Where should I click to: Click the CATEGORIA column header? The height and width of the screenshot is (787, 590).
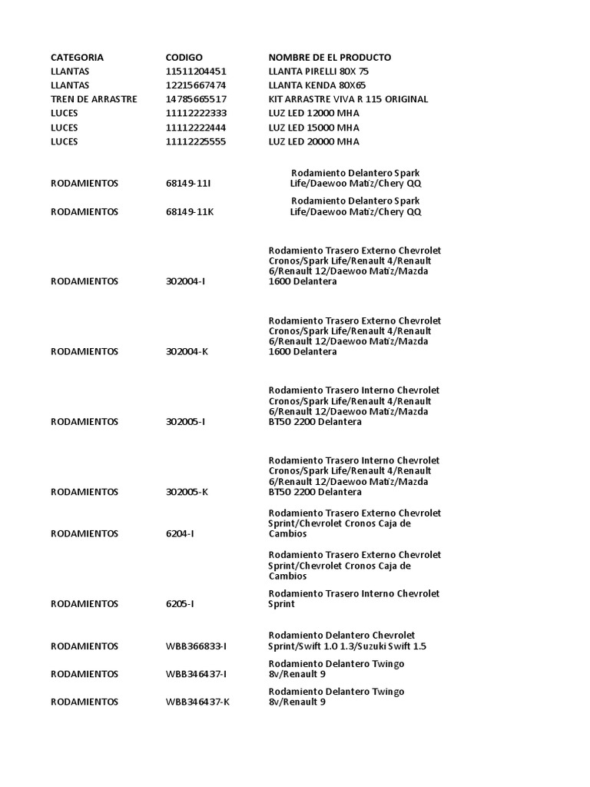tap(77, 58)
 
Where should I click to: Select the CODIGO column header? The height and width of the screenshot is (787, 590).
tap(184, 58)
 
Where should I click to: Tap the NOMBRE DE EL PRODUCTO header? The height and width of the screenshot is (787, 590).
tap(330, 58)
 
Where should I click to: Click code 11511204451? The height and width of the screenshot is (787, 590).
tap(196, 71)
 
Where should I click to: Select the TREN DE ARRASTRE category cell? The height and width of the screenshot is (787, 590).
tap(94, 100)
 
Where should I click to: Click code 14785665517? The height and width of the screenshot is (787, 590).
tap(196, 100)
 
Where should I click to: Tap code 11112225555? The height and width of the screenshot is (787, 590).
tap(196, 141)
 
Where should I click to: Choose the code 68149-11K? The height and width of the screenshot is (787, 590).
tap(189, 212)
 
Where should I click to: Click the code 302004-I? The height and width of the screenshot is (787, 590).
tap(186, 281)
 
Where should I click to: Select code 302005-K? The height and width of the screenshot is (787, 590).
tap(187, 492)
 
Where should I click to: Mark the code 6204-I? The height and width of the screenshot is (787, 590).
tap(180, 533)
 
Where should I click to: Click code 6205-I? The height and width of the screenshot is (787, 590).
tap(180, 604)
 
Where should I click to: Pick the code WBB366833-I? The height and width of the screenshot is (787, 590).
tap(197, 646)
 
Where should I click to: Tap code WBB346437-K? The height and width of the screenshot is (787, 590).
tap(197, 702)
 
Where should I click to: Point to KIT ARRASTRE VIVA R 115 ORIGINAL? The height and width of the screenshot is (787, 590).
tap(348, 100)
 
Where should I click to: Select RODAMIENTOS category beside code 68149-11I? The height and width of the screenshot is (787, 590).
tap(85, 184)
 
